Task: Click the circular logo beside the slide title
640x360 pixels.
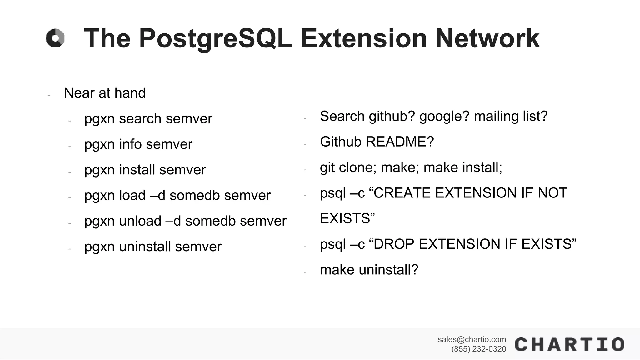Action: pyautogui.click(x=55, y=38)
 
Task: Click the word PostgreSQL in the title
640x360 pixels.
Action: pyautogui.click(x=215, y=39)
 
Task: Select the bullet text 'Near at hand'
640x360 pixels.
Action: pyautogui.click(x=105, y=93)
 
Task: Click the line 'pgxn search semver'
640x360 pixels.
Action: pyautogui.click(x=148, y=119)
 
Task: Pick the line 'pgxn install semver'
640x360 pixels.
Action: pyautogui.click(x=145, y=170)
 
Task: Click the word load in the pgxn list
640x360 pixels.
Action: pyautogui.click(x=132, y=196)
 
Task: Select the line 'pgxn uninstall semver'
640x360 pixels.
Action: pyautogui.click(x=153, y=247)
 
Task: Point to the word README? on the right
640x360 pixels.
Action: pyautogui.click(x=400, y=142)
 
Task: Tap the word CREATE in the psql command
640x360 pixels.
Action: pyautogui.click(x=402, y=193)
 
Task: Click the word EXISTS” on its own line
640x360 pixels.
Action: pyautogui.click(x=347, y=218)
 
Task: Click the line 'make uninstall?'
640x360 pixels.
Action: pyautogui.click(x=369, y=270)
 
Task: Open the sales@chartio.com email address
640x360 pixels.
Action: pyautogui.click(x=472, y=339)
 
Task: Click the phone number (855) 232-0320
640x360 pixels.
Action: pyautogui.click(x=478, y=349)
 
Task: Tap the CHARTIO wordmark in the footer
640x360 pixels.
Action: pyautogui.click(x=569, y=344)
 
